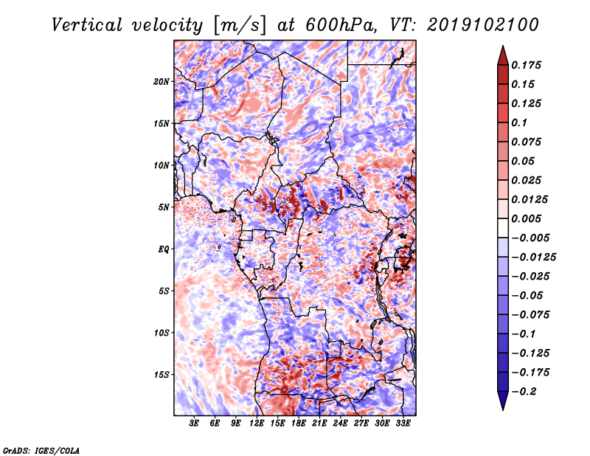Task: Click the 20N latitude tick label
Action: tap(162, 82)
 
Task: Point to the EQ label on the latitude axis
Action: tap(164, 249)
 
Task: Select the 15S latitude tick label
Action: tap(162, 375)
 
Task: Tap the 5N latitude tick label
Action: tap(164, 207)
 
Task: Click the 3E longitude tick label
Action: tap(194, 424)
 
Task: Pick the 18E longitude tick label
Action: tap(299, 424)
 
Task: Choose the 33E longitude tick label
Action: tap(403, 424)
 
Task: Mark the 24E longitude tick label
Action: tap(340, 424)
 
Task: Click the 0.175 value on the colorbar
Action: tap(526, 65)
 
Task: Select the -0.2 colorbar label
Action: tap(524, 392)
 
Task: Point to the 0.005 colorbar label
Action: tap(526, 218)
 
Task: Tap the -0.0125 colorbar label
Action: tap(533, 258)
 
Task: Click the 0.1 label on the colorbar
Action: tap(519, 122)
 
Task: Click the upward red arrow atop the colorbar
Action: tap(503, 55)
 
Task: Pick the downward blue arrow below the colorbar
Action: tap(503, 401)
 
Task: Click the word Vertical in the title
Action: tap(87, 25)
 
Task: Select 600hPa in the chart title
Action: tap(341, 25)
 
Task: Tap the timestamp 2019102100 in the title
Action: tap(483, 25)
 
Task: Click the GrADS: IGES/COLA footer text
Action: tap(41, 450)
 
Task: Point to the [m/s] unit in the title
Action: tap(240, 25)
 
